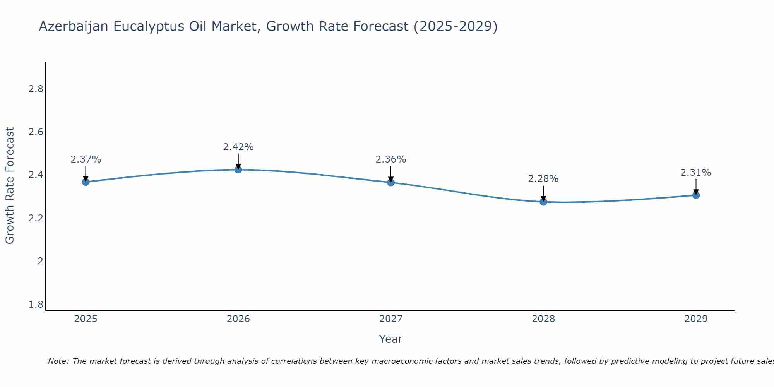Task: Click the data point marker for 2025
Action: tap(86, 182)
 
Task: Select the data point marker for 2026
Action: tap(238, 170)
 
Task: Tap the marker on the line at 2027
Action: tap(391, 182)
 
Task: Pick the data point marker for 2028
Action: tap(543, 202)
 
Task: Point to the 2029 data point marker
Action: tap(696, 195)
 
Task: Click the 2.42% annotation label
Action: tap(238, 147)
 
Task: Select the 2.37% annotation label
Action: tap(86, 159)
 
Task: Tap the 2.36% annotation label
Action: tap(391, 159)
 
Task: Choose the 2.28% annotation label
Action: tap(543, 179)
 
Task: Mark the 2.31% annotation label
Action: tap(696, 173)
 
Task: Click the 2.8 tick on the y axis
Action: tap(36, 89)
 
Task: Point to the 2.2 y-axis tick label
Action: tap(36, 218)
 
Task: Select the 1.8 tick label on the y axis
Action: tap(36, 305)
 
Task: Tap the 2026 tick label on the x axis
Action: tap(238, 319)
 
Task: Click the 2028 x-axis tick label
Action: tap(543, 319)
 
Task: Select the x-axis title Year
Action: tap(391, 339)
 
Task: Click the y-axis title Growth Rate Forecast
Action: tap(10, 186)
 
